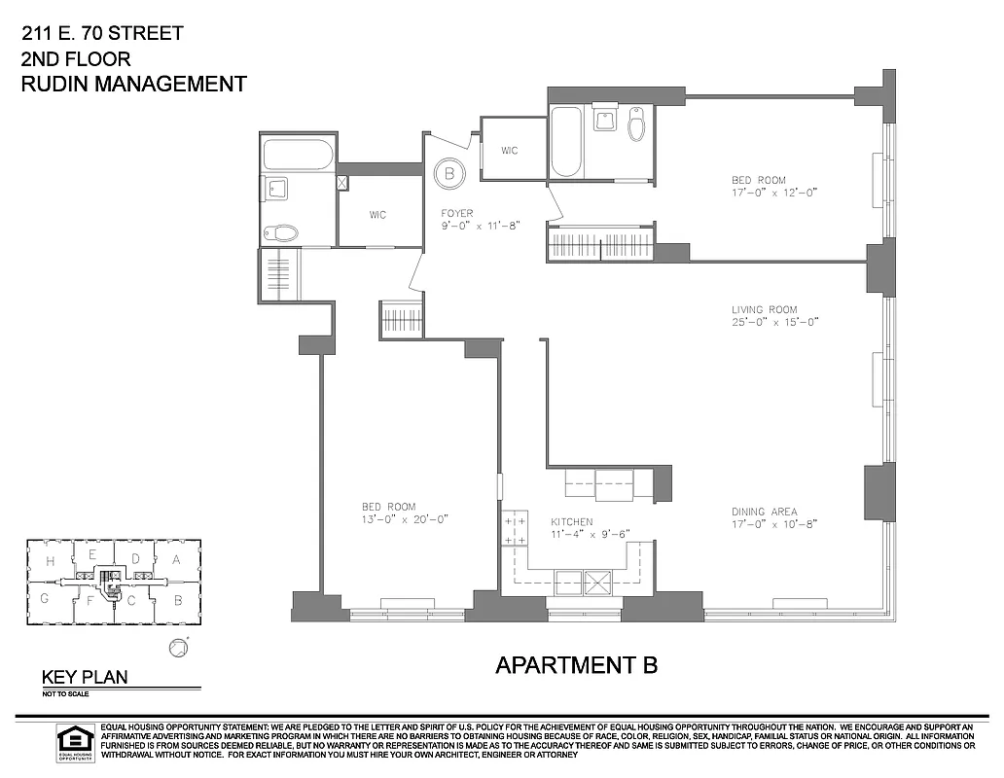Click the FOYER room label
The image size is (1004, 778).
click(456, 213)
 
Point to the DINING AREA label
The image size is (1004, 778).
click(765, 512)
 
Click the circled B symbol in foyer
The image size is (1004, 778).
click(449, 174)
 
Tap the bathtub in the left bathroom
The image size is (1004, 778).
click(298, 155)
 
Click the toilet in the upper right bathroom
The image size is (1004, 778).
click(637, 124)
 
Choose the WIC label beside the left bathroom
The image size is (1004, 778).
click(377, 215)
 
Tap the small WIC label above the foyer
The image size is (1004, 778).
click(509, 151)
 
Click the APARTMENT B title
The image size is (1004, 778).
click(576, 665)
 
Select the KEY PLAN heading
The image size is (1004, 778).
click(84, 678)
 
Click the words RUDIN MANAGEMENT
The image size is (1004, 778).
click(133, 85)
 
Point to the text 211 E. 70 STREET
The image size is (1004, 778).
click(101, 34)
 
